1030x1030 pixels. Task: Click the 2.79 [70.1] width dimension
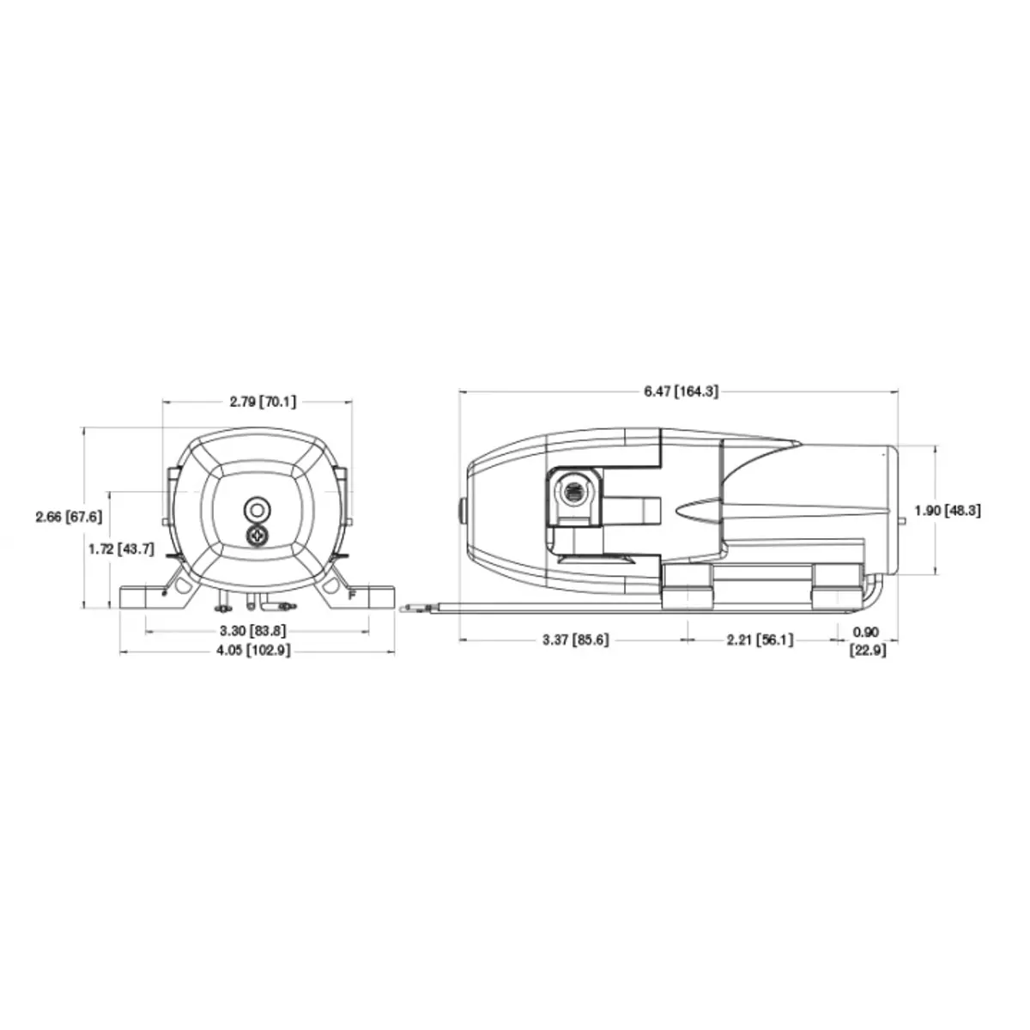(257, 401)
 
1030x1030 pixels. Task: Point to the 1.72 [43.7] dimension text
(121, 548)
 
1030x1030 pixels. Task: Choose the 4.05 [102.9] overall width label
(256, 651)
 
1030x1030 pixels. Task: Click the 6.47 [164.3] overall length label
(681, 391)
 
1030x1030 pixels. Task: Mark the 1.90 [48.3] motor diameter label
(947, 510)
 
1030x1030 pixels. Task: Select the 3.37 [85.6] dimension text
(575, 639)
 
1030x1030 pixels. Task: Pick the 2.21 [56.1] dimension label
(760, 639)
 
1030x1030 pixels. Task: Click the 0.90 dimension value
(866, 633)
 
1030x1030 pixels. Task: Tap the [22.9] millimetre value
(867, 651)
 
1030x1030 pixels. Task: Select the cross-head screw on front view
(257, 536)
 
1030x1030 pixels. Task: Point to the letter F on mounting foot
(351, 594)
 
